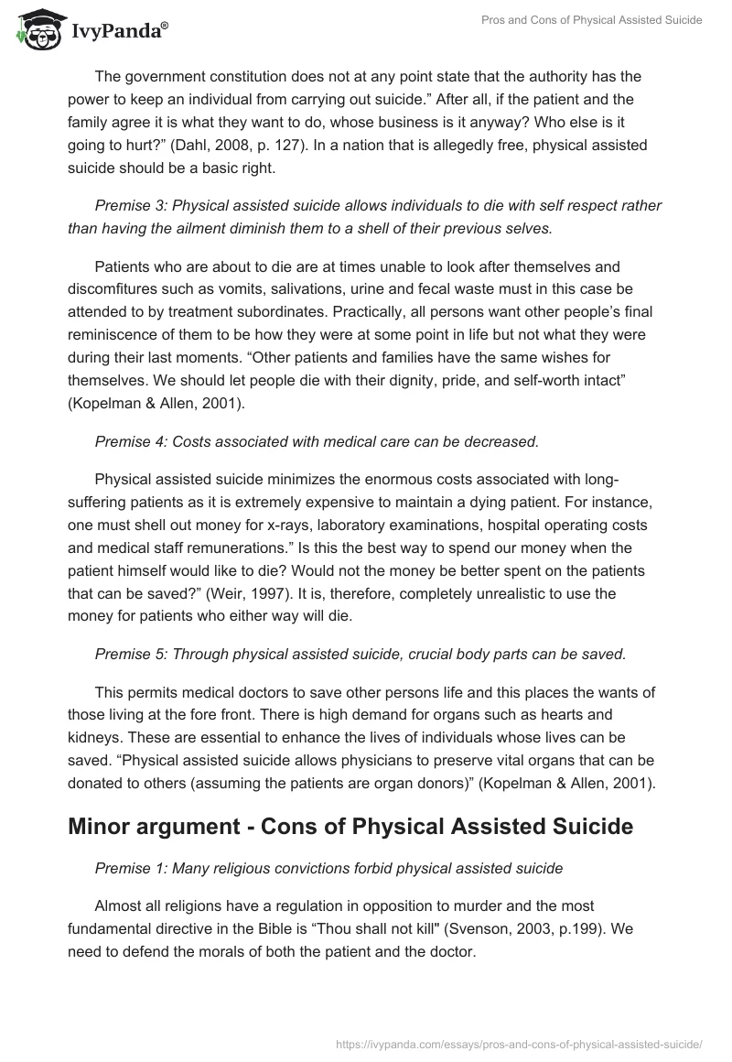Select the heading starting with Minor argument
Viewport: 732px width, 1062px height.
[x=350, y=827]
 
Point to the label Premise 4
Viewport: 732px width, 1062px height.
[x=128, y=442]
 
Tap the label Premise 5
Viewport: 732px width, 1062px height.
[x=128, y=654]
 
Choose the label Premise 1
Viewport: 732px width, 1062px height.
[x=128, y=868]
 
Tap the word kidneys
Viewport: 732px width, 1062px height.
[x=96, y=738]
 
